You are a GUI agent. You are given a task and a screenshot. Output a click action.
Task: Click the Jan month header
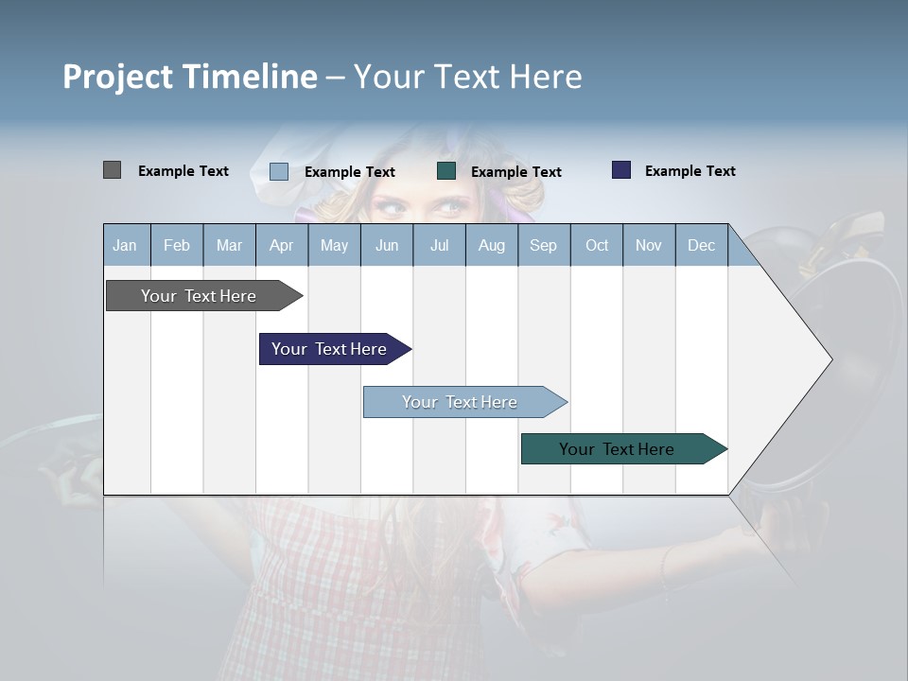(x=126, y=245)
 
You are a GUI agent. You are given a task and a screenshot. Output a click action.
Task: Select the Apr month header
(x=282, y=245)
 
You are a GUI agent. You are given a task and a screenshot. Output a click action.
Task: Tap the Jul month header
(x=439, y=245)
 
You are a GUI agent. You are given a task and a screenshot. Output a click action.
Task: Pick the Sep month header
(x=544, y=245)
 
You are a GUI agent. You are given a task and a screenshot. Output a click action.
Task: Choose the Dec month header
(x=701, y=245)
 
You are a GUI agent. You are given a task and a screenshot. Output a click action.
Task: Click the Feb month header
(x=177, y=245)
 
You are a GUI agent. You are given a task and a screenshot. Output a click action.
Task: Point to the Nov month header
(x=649, y=245)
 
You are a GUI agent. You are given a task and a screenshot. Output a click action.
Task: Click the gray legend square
(x=112, y=170)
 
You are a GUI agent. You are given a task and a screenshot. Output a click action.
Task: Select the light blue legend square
(x=279, y=171)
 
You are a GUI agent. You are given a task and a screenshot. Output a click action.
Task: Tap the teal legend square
(x=446, y=171)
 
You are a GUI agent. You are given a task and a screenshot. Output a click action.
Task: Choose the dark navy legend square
(x=621, y=170)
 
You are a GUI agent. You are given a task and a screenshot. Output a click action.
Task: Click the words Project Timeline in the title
(x=189, y=77)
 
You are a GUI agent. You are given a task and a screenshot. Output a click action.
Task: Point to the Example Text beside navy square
(x=690, y=171)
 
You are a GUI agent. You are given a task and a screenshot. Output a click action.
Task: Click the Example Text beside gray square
(x=183, y=171)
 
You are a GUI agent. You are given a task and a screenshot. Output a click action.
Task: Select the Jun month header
(x=387, y=245)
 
